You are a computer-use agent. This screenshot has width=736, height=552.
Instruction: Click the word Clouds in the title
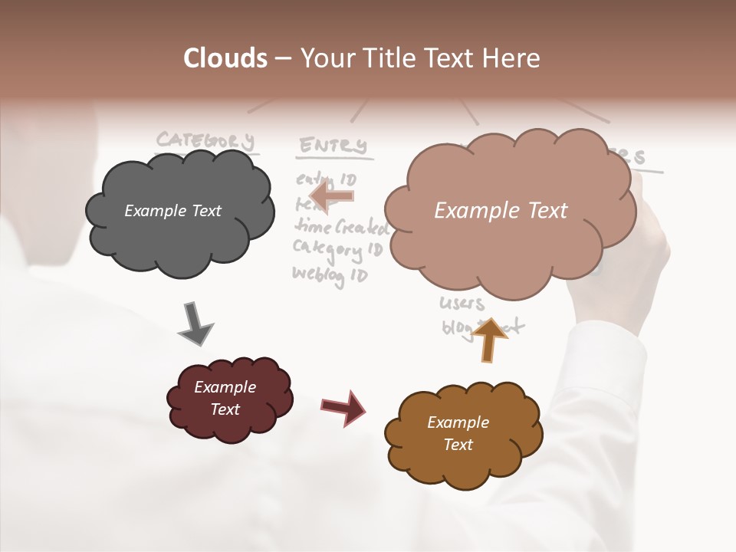[225, 58]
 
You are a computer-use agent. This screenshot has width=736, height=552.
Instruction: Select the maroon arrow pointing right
[343, 407]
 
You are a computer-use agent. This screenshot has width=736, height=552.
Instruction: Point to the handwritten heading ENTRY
[333, 145]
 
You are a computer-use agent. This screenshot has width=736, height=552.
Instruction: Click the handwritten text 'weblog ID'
[330, 273]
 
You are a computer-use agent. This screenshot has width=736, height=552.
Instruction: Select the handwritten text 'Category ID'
[337, 249]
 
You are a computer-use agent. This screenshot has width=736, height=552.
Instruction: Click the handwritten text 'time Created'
[341, 227]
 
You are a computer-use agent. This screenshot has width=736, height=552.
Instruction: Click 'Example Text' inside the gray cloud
[172, 211]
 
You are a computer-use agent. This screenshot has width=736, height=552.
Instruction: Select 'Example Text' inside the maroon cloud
[225, 399]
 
